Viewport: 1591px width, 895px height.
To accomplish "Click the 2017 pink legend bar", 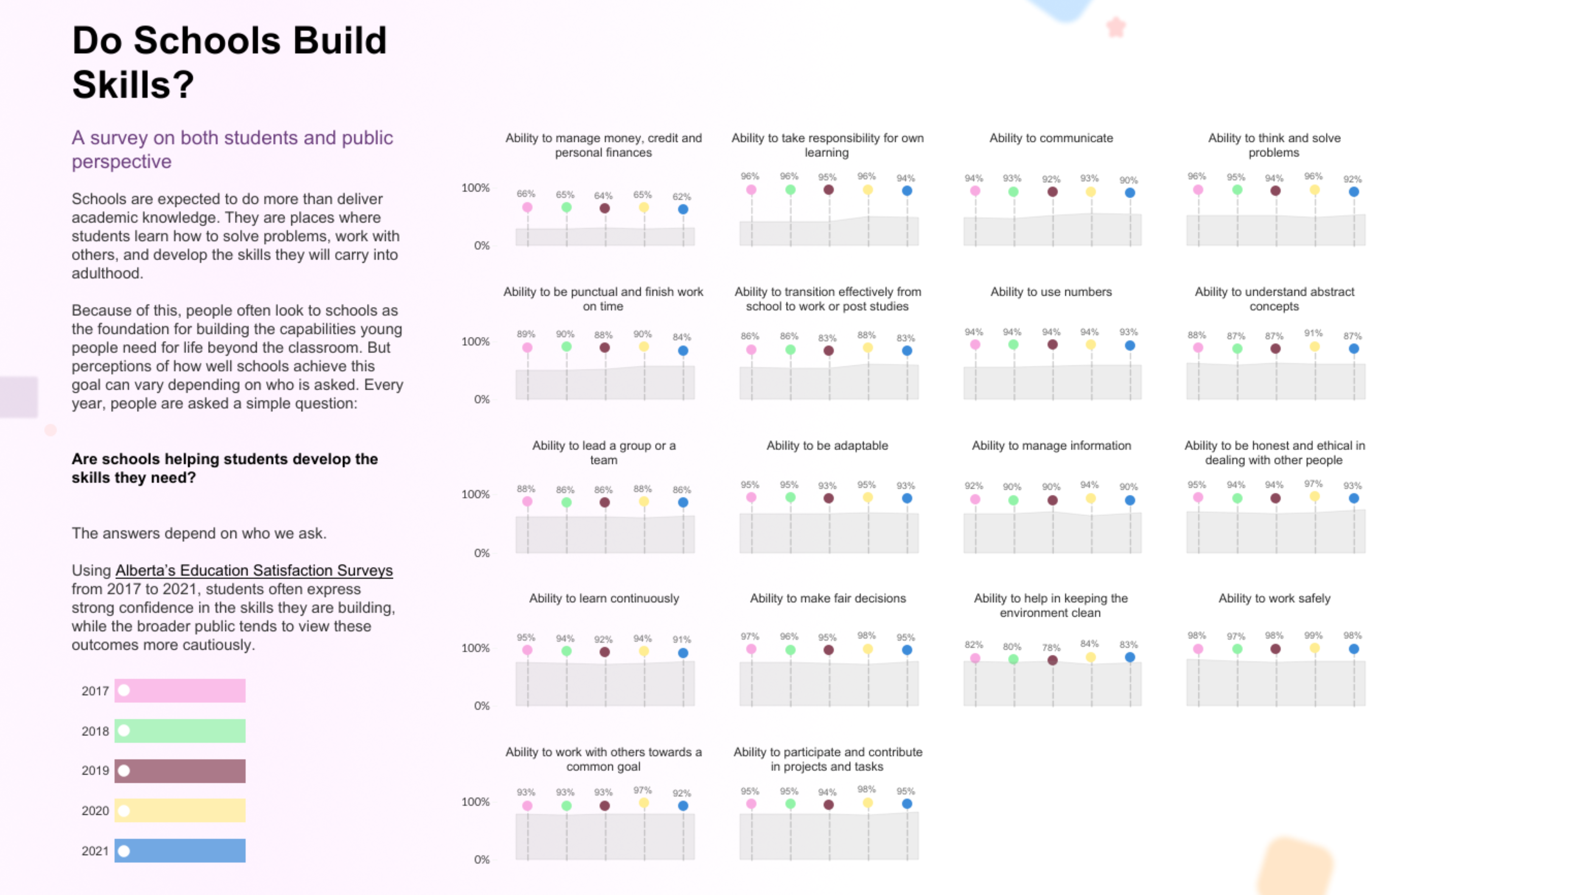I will point(180,690).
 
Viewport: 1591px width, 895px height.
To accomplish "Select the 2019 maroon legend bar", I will point(180,771).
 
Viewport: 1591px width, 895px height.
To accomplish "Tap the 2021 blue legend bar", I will point(180,850).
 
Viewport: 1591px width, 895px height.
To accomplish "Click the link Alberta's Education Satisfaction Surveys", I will point(254,570).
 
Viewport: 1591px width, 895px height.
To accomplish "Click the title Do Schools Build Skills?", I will point(229,62).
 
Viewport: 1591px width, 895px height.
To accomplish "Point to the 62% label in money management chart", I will point(681,196).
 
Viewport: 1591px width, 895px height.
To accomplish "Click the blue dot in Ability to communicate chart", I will point(1130,193).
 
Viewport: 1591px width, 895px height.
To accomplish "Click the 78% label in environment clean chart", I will point(1051,647).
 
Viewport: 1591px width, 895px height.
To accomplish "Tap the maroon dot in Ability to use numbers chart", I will point(1053,345).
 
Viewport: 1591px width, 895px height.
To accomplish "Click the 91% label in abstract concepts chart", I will point(1313,333).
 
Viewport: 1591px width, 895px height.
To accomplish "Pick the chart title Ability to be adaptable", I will point(827,445).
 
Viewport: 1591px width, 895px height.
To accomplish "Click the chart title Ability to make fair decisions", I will point(828,598).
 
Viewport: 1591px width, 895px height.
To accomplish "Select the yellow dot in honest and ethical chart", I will point(1315,497).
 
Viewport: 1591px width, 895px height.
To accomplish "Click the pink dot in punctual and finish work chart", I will point(527,348).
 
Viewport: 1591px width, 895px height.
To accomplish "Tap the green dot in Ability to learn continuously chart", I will point(566,651).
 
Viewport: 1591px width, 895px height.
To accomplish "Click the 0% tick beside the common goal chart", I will point(482,859).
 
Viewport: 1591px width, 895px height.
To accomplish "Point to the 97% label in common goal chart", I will point(642,790).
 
